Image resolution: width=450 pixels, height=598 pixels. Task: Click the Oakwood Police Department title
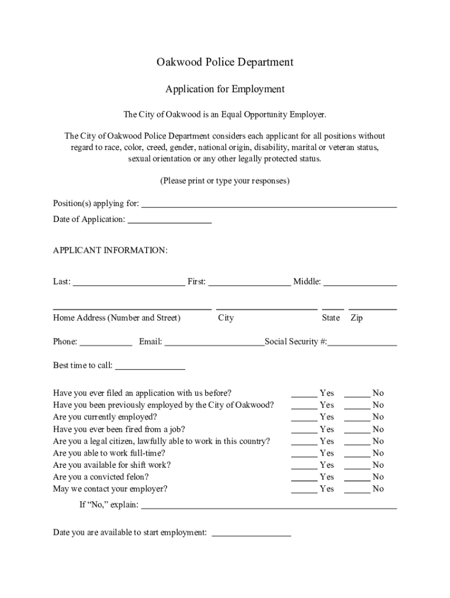tap(224, 62)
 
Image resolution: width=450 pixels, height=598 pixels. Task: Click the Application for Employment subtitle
tap(224, 89)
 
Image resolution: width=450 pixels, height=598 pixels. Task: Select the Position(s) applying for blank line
tap(269, 204)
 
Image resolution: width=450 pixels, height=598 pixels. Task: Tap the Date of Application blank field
tap(169, 221)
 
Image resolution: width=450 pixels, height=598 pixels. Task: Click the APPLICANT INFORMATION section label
tap(110, 251)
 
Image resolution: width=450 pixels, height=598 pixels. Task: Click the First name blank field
tap(250, 283)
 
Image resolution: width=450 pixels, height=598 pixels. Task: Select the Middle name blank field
tap(360, 283)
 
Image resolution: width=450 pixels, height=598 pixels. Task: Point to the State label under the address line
tap(331, 318)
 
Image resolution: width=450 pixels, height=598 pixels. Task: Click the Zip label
tap(356, 318)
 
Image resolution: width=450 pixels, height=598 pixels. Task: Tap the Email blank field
tap(214, 343)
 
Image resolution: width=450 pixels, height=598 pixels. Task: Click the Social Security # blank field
tap(362, 343)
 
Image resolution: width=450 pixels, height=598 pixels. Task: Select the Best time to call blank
tap(150, 367)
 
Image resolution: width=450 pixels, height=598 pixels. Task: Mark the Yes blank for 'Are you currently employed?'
tap(304, 418)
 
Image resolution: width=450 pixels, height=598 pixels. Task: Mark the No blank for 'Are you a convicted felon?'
tap(357, 478)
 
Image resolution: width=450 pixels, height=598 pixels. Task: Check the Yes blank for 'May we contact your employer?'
tap(304, 491)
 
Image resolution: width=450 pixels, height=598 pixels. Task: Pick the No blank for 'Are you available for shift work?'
tap(357, 466)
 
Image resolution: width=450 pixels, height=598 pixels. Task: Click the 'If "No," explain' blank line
tap(269, 506)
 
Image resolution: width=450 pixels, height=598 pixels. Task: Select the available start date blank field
tap(251, 534)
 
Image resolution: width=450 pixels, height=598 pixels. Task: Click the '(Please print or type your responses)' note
tap(224, 181)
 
